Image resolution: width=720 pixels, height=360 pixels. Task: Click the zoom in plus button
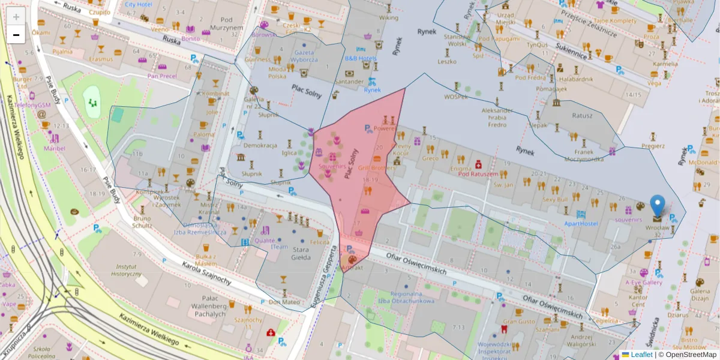16,16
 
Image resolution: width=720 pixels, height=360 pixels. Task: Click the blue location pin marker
658,206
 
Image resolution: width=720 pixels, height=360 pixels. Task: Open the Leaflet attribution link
637,355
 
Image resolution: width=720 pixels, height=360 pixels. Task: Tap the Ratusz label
582,116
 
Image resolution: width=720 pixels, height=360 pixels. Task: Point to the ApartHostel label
581,223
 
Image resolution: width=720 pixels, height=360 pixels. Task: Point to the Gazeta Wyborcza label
304,56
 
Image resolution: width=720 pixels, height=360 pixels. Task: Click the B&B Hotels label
360,58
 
